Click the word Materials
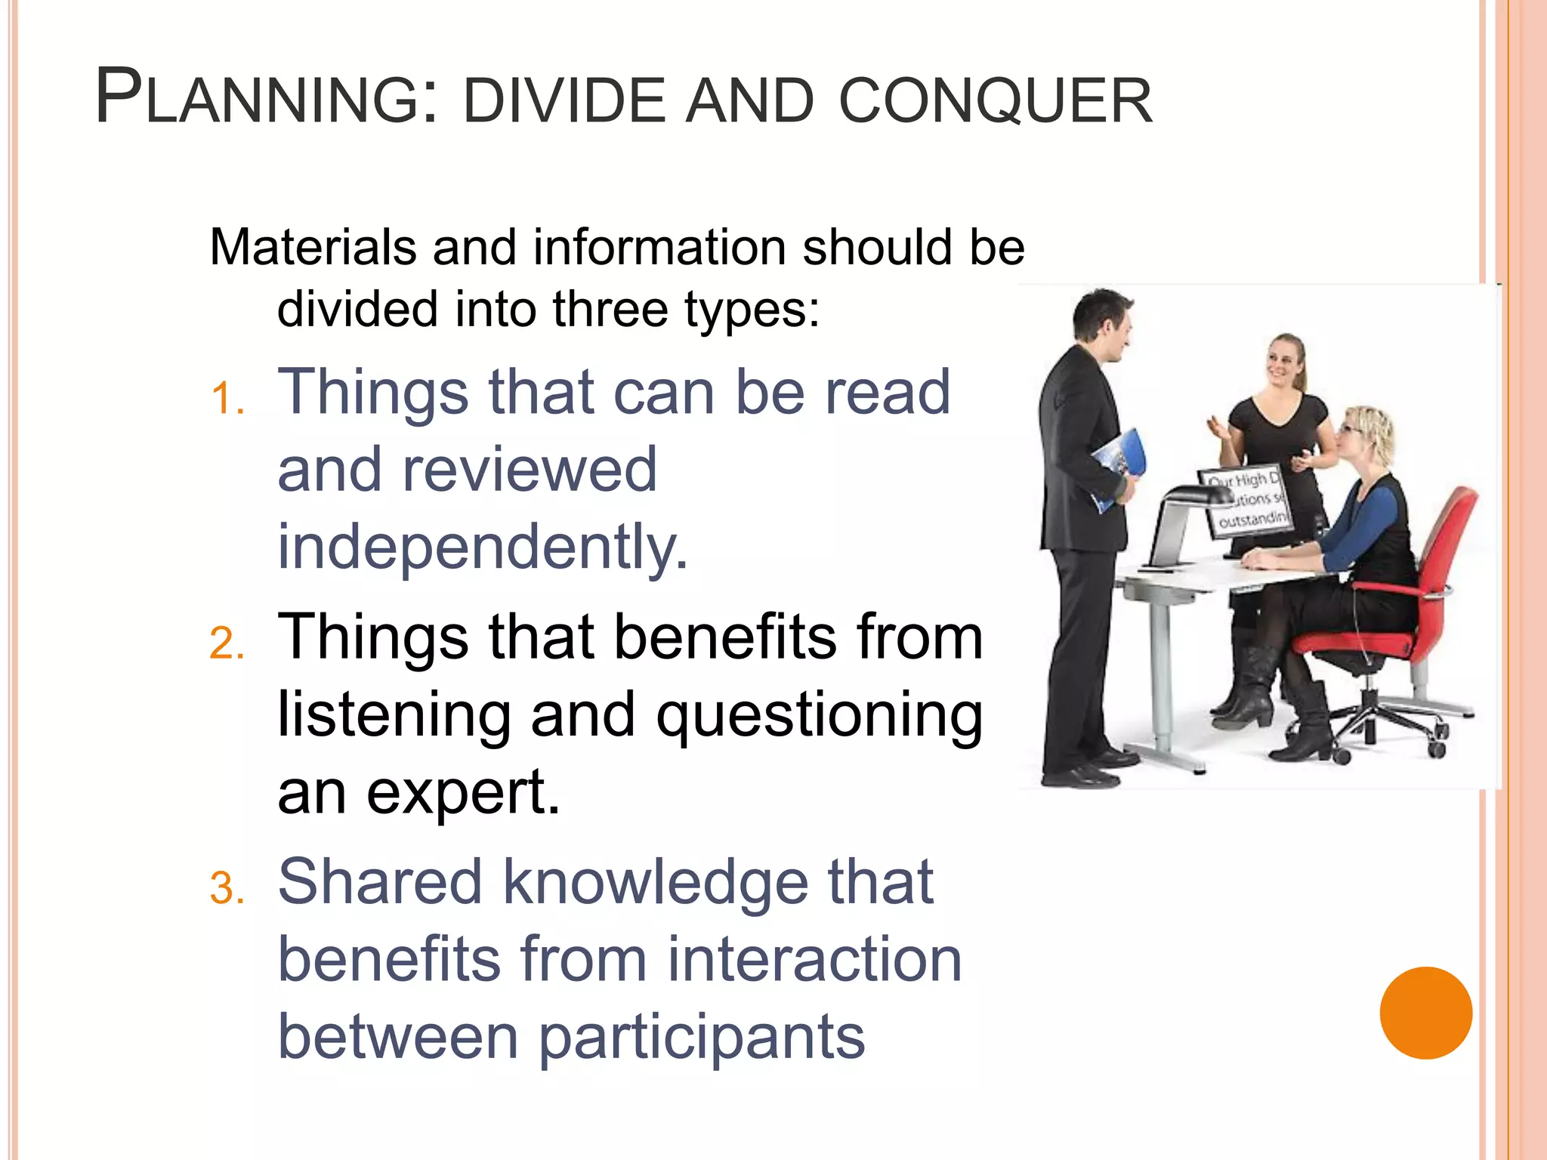point(313,248)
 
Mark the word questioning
point(819,716)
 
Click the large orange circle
point(1425,1013)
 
